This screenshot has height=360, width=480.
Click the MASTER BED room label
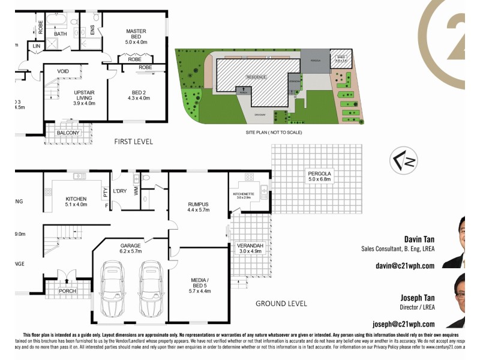tap(136, 31)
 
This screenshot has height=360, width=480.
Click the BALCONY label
tap(68, 132)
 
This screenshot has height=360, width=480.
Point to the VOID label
tap(63, 71)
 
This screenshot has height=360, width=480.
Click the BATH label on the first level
tap(61, 34)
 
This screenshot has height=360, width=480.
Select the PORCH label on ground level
tap(68, 291)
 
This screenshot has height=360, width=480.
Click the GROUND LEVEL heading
tap(281, 304)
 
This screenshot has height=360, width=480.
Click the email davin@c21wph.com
tap(404, 266)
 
